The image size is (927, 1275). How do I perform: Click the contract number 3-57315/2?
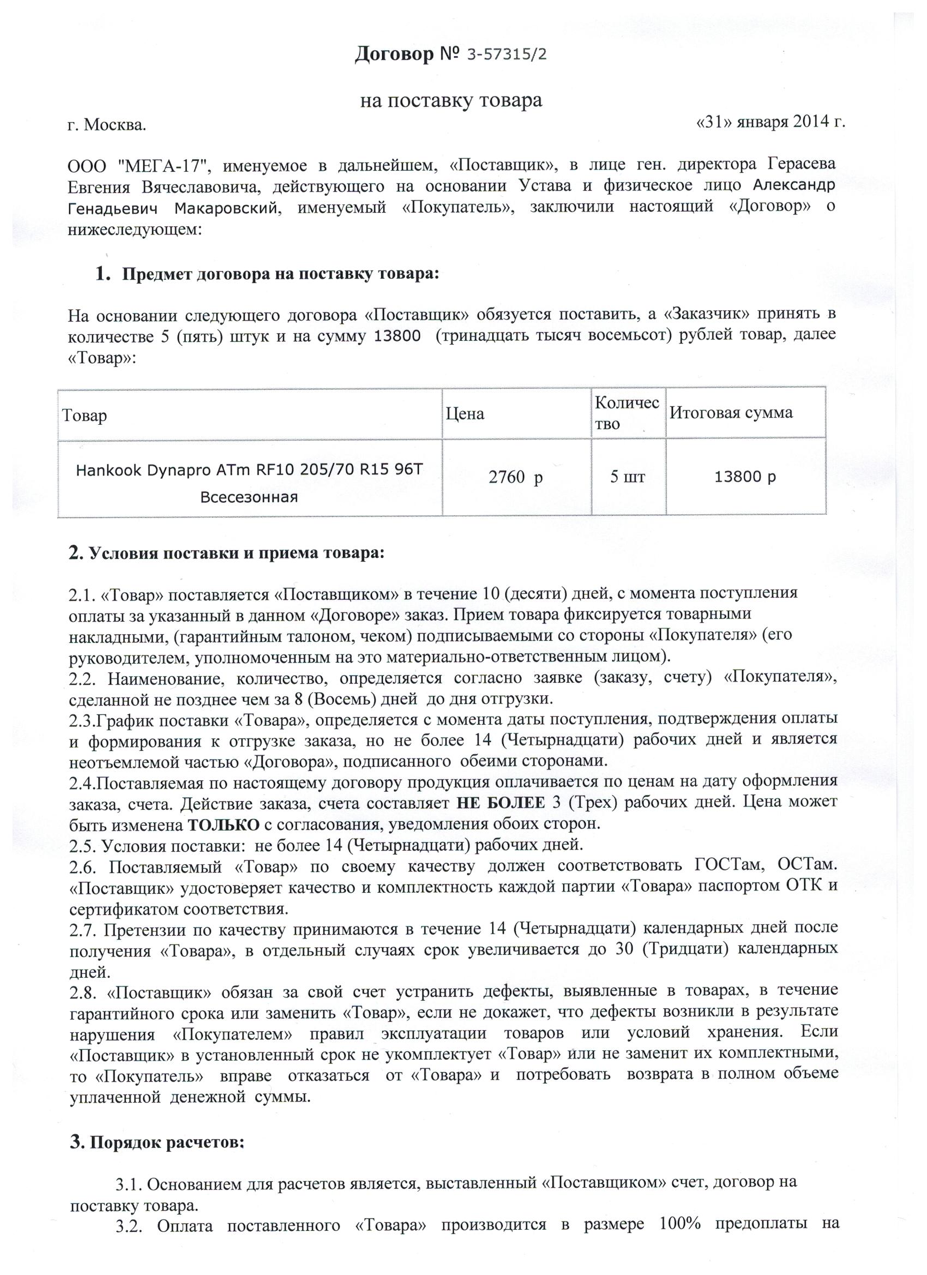tap(507, 55)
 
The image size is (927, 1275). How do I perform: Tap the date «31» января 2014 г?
tap(769, 122)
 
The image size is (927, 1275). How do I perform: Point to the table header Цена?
tap(465, 414)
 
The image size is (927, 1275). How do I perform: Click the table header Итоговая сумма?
tap(731, 413)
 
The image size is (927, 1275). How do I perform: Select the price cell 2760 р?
tap(515, 478)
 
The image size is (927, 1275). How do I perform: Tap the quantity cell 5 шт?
tap(628, 478)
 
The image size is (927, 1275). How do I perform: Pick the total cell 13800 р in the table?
tap(745, 477)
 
